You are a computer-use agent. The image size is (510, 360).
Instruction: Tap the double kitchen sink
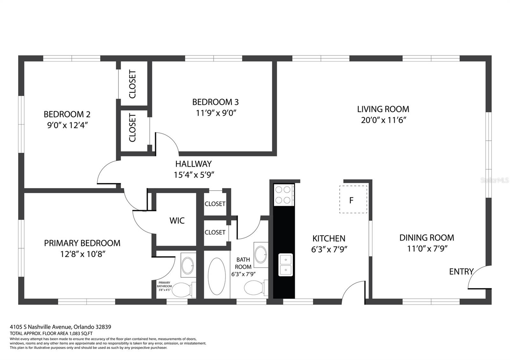pos(286,265)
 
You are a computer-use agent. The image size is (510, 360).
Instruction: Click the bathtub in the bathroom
pos(217,276)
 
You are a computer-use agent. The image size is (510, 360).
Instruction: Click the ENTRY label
pos(461,271)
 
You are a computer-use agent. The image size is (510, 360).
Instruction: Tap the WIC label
pos(177,220)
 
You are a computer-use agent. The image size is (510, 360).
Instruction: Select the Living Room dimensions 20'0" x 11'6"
pos(383,120)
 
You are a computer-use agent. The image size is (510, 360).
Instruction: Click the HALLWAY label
pos(193,164)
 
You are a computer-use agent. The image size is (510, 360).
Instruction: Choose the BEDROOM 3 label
pos(215,102)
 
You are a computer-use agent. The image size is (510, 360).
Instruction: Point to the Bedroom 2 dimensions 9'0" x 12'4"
pos(67,125)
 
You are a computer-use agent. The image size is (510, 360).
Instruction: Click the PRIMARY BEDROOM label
pos(82,243)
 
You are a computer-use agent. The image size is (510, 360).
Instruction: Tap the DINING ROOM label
pos(426,238)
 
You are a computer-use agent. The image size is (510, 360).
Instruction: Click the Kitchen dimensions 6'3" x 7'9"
pos(329,249)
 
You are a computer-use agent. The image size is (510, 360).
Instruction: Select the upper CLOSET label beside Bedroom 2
pos(133,84)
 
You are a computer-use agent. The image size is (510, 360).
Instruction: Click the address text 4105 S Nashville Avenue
pos(41,327)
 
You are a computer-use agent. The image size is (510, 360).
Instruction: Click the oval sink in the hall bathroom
pos(261,255)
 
